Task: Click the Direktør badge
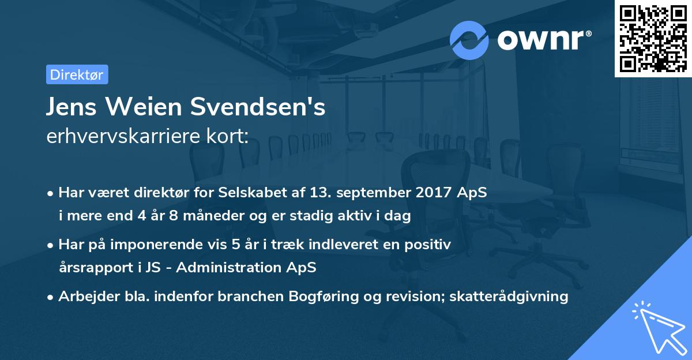tap(77, 74)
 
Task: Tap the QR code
tap(651, 38)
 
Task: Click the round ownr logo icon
tap(469, 39)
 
